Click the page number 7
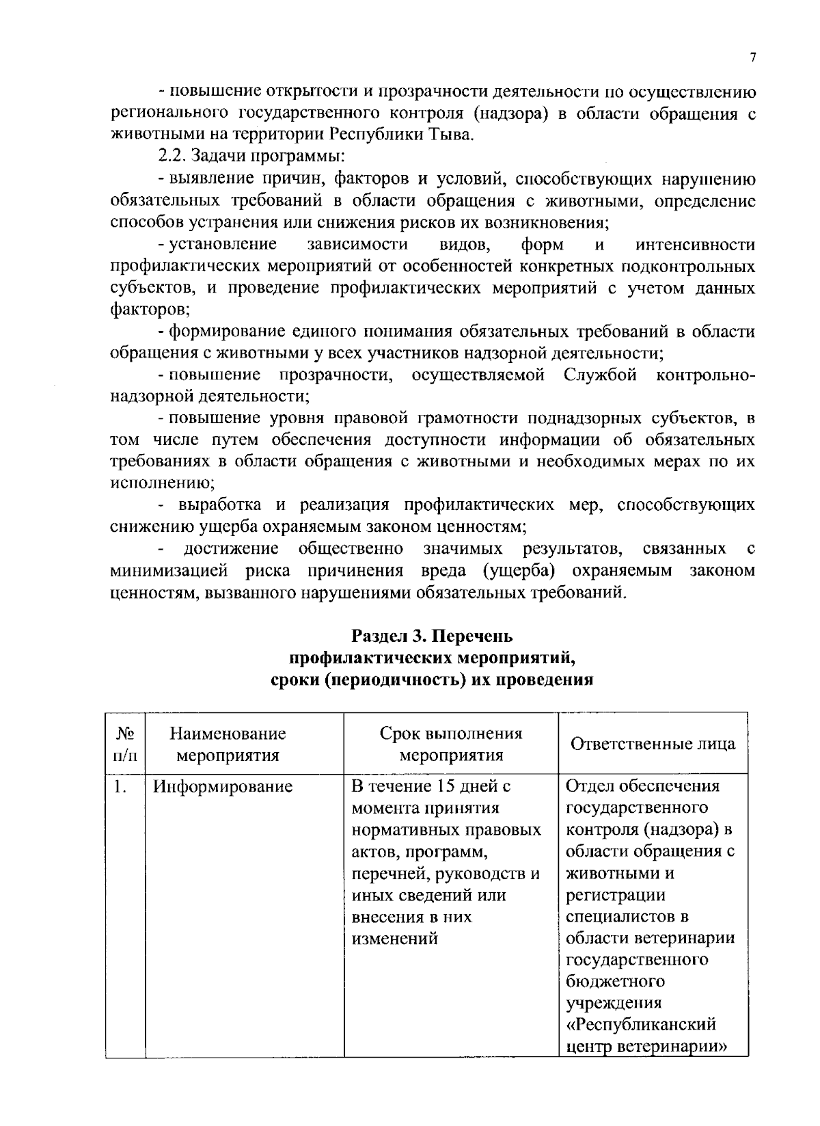752,57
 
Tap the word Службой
601,375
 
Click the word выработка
219,505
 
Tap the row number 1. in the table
120,787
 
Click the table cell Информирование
223,787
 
